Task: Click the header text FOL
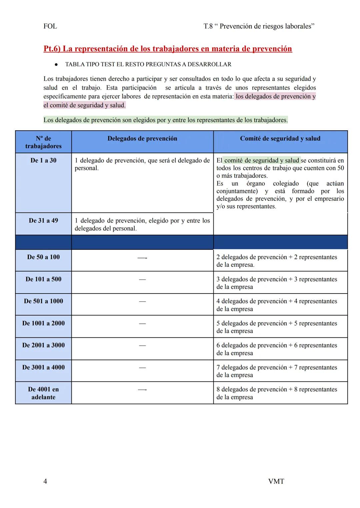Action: (x=50, y=26)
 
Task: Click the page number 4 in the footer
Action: (x=45, y=481)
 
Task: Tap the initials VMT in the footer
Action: (x=276, y=481)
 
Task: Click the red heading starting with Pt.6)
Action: (x=168, y=49)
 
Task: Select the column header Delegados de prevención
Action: (x=142, y=139)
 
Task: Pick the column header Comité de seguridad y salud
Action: (x=280, y=139)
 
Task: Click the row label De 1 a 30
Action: (x=43, y=161)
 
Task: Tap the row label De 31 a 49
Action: (x=43, y=221)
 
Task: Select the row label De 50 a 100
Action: (x=43, y=257)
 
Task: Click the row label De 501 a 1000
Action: (x=43, y=301)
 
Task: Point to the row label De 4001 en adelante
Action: (x=43, y=393)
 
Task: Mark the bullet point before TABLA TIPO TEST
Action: (x=57, y=64)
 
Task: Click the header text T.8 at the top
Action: (x=208, y=26)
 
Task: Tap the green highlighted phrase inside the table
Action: (x=262, y=161)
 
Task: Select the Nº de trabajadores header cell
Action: (x=43, y=142)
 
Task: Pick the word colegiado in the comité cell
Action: (x=286, y=184)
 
